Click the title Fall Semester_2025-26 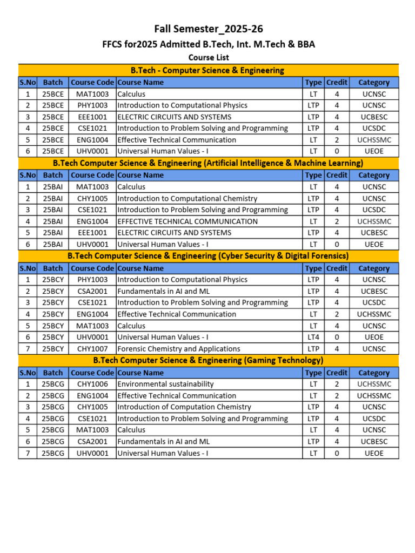pyautogui.click(x=209, y=29)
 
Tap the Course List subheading pyautogui.click(x=209, y=57)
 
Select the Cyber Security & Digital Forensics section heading pyautogui.click(x=208, y=255)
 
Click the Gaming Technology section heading pyautogui.click(x=208, y=360)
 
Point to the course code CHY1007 pyautogui.click(x=92, y=349)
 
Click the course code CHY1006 pyautogui.click(x=92, y=384)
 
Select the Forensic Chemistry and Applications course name pyautogui.click(x=179, y=349)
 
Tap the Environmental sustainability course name pyautogui.click(x=165, y=384)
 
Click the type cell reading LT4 pyautogui.click(x=313, y=337)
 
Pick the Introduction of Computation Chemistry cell pyautogui.click(x=184, y=407)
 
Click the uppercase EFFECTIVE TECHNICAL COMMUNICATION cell pyautogui.click(x=188, y=221)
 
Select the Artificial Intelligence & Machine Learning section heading pyautogui.click(x=208, y=163)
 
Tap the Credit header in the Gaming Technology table pyautogui.click(x=337, y=373)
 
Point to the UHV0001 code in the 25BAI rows pyautogui.click(x=92, y=244)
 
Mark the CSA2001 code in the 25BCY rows pyautogui.click(x=92, y=291)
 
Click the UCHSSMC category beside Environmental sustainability pyautogui.click(x=374, y=384)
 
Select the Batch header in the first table pyautogui.click(x=53, y=83)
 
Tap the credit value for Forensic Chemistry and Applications pyautogui.click(x=337, y=349)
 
